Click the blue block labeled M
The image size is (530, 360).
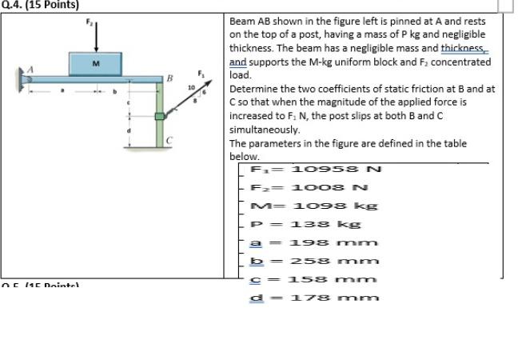[x=96, y=63]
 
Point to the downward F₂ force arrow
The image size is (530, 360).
[x=97, y=35]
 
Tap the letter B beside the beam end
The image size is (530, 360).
[x=169, y=77]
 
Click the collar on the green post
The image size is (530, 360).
[x=160, y=117]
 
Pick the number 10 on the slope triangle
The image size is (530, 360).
[x=191, y=86]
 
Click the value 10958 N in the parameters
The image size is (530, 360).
[x=337, y=169]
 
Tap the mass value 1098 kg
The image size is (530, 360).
[x=334, y=206]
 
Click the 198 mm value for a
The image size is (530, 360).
[x=333, y=242]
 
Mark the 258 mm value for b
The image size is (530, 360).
[x=333, y=261]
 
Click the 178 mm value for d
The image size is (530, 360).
[x=333, y=298]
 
